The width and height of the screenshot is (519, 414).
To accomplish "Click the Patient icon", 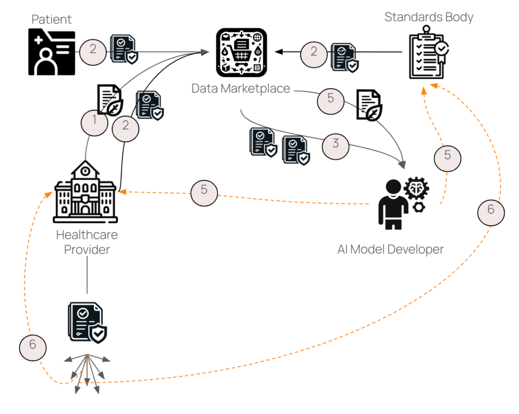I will click(x=52, y=52).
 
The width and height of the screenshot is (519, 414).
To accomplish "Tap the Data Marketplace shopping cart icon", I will click(x=241, y=51).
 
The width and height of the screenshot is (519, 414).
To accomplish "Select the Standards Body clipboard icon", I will click(x=428, y=56).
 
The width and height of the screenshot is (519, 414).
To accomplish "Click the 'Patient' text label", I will click(x=52, y=20).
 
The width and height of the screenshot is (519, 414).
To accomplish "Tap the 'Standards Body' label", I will click(x=429, y=17).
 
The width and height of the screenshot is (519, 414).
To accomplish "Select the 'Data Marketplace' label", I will click(x=241, y=88).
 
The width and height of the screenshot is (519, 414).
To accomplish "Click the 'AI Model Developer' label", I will click(x=390, y=249).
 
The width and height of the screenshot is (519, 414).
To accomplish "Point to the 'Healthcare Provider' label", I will click(x=87, y=243).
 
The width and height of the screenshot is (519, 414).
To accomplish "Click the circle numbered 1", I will click(x=94, y=122).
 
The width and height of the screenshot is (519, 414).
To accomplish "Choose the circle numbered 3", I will click(x=336, y=144).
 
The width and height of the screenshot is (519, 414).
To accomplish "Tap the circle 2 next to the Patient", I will click(x=93, y=50).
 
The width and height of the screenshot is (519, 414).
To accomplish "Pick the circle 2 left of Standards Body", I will click(x=314, y=52).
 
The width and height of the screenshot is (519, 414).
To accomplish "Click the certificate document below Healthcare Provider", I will click(x=87, y=322).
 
